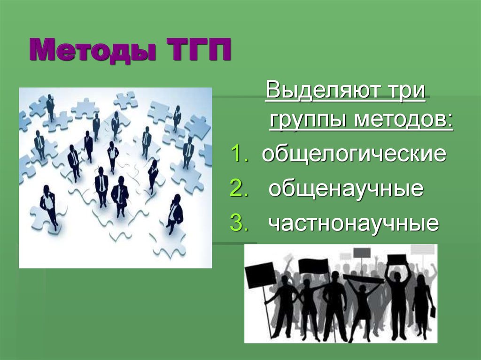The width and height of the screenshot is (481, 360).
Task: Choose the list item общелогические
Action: click(x=354, y=153)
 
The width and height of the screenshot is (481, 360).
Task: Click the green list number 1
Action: click(x=238, y=153)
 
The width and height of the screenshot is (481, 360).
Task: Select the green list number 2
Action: click(x=238, y=189)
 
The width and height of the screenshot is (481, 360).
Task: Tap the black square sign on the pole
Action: click(x=260, y=274)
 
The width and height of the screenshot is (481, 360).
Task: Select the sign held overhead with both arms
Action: click(x=397, y=260)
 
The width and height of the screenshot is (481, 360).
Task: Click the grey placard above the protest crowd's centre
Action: click(x=361, y=253)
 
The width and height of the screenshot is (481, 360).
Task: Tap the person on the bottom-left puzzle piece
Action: click(x=49, y=207)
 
